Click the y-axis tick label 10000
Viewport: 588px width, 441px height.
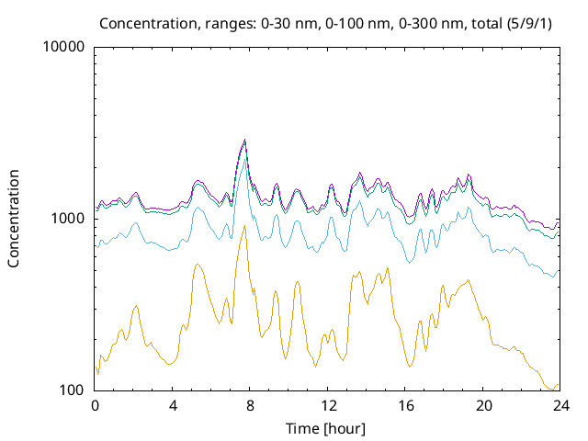tap(64, 47)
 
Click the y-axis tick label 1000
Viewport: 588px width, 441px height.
tap(68, 219)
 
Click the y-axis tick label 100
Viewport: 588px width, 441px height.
tap(72, 390)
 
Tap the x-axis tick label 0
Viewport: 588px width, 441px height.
tap(95, 405)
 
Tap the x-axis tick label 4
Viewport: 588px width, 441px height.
tap(173, 405)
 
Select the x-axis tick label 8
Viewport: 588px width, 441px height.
tap(250, 405)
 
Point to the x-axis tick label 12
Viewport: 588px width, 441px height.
tap(328, 405)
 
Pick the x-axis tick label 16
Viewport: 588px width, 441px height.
tap(405, 405)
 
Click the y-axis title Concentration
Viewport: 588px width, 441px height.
tap(14, 219)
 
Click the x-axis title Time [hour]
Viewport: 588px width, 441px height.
tap(327, 428)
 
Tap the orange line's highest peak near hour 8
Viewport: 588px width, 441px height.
tap(244, 226)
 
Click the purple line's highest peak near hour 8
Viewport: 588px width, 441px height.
tap(244, 140)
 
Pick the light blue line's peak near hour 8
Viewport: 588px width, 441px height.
tap(244, 163)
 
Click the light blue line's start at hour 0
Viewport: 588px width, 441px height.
tap(96, 246)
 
